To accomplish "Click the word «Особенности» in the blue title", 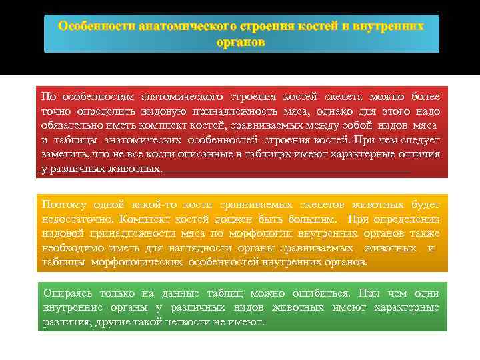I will [x=97, y=26].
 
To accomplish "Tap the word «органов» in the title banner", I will [x=241, y=41].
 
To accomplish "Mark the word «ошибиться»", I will [x=323, y=293].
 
